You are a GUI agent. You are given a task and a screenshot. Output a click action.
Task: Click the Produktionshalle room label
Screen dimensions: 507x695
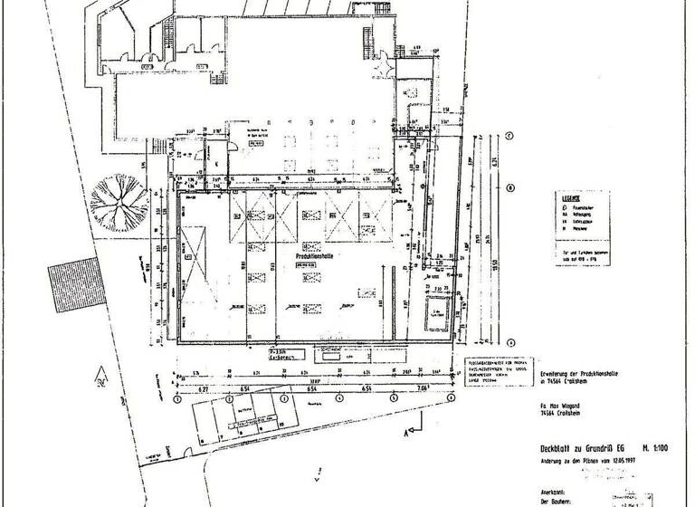tap(317, 257)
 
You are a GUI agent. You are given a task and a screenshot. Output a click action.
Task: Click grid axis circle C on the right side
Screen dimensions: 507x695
tap(509, 137)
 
